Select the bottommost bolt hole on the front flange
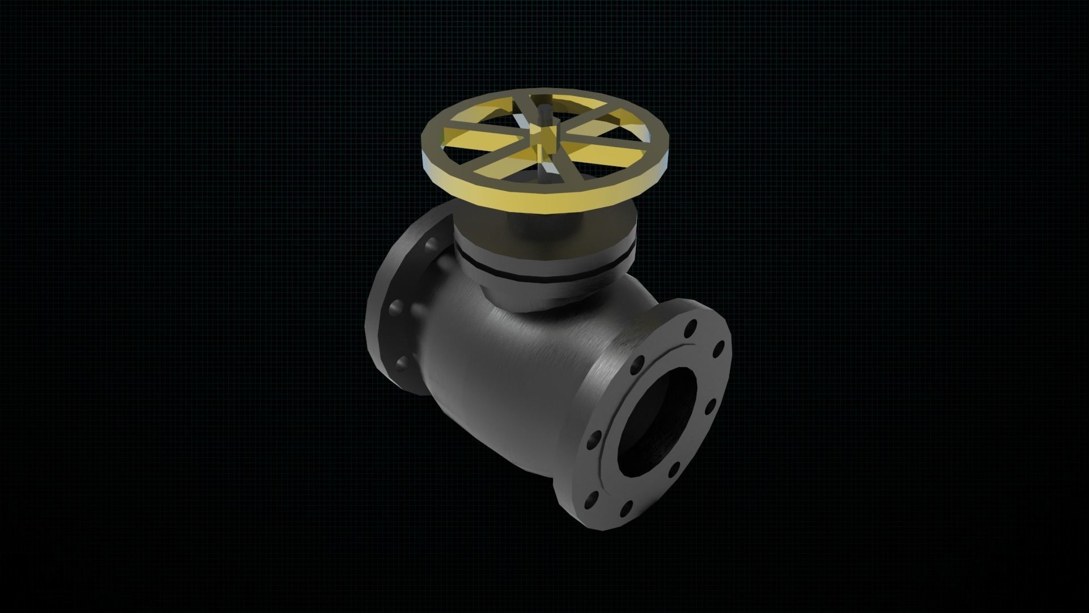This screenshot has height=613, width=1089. pyautogui.click(x=627, y=506)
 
